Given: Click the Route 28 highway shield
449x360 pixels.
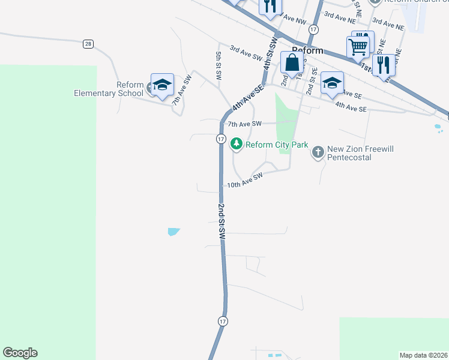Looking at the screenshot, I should point(88,44).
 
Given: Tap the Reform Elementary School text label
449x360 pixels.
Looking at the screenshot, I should point(109,89).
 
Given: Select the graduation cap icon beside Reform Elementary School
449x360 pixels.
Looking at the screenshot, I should point(161,85).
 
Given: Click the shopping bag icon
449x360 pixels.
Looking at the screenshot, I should point(292,62).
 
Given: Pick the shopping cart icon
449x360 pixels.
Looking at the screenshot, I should point(358,46).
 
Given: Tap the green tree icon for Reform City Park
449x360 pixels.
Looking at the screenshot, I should point(237,144).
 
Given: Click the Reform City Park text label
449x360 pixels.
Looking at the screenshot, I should point(276,145).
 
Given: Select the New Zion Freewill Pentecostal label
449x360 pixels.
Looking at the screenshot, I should point(357,153).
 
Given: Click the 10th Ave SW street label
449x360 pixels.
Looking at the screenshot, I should point(246,181).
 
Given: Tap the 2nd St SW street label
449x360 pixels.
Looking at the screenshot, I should point(221,223).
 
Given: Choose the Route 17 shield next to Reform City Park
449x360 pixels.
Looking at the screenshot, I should point(221,139).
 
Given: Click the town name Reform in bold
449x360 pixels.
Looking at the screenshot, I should point(307,50).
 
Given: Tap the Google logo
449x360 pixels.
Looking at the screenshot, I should point(20,353).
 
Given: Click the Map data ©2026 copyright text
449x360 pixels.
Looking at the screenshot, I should point(424,355).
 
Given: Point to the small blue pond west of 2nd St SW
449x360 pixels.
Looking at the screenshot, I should point(173,232).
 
